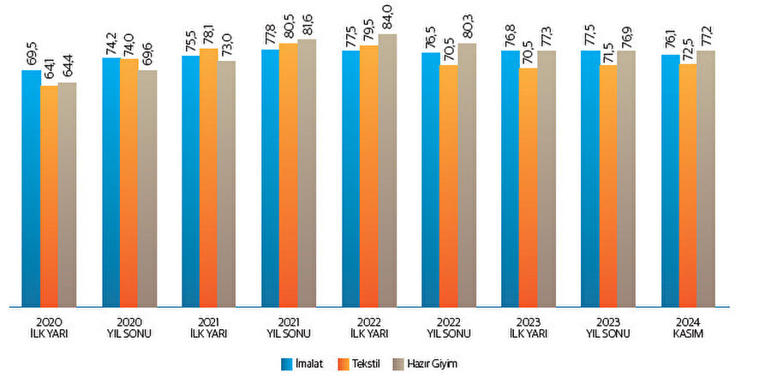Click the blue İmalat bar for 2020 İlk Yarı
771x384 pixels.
coord(31,189)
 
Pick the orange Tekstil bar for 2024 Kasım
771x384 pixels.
coord(688,185)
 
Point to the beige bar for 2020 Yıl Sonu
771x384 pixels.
coord(147,188)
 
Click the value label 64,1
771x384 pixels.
coord(50,69)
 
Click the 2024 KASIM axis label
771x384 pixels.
coord(688,328)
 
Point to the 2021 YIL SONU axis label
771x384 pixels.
coord(289,328)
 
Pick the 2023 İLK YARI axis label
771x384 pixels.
coord(528,328)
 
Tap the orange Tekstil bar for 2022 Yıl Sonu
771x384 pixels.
coord(448,185)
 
